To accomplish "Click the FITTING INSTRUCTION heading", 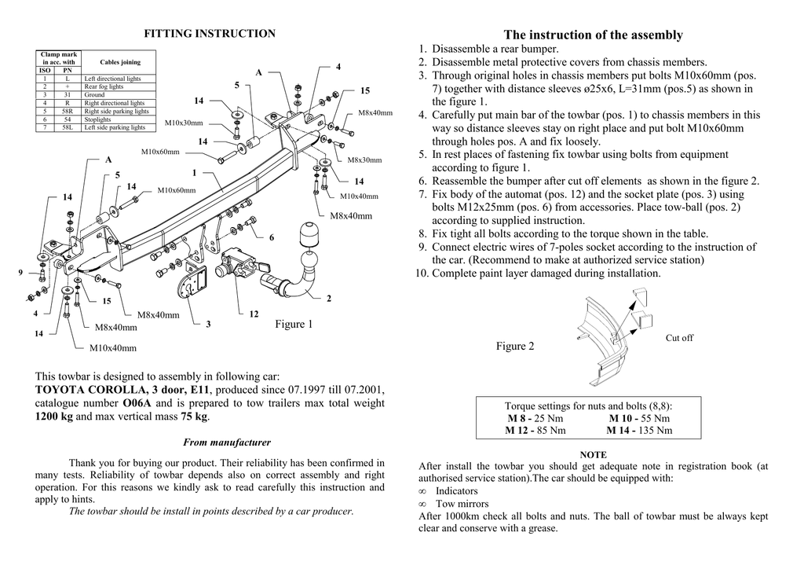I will tap(210, 34).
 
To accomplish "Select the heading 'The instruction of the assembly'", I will tap(593, 35).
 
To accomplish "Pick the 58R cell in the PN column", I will tap(68, 112).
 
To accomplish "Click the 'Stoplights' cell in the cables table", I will tap(98, 119).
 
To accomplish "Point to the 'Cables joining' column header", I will tap(120, 62).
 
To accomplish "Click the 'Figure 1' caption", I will tap(294, 325).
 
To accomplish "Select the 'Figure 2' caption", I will tap(515, 347).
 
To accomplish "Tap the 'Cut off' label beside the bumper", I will tap(679, 338).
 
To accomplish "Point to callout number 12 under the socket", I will tap(254, 314).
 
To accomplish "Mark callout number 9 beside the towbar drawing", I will tap(20, 272).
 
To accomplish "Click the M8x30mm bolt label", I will tap(364, 160).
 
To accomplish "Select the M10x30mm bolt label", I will tap(184, 123).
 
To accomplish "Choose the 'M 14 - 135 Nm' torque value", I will tap(639, 430).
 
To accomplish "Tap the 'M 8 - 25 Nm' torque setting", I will tap(535, 418).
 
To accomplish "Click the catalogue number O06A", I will tap(137, 403).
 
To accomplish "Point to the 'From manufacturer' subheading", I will tap(227, 442).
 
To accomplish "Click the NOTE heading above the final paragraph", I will tap(593, 455).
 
